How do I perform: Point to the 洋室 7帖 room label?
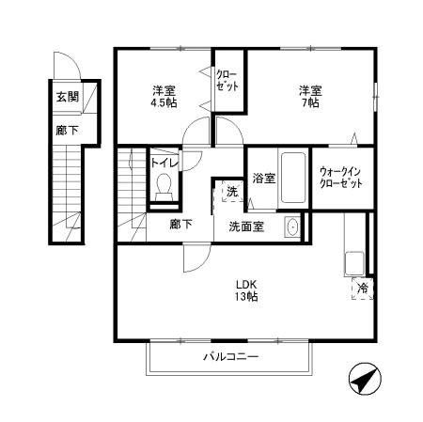(x=310, y=97)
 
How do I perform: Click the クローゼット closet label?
(x=227, y=79)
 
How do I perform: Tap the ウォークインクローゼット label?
(x=341, y=178)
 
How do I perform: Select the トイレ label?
(x=164, y=162)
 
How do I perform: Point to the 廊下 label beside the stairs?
(x=181, y=225)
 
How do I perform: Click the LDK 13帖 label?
(x=246, y=289)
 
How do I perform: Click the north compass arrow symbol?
(x=365, y=382)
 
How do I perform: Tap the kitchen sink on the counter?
(x=355, y=260)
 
